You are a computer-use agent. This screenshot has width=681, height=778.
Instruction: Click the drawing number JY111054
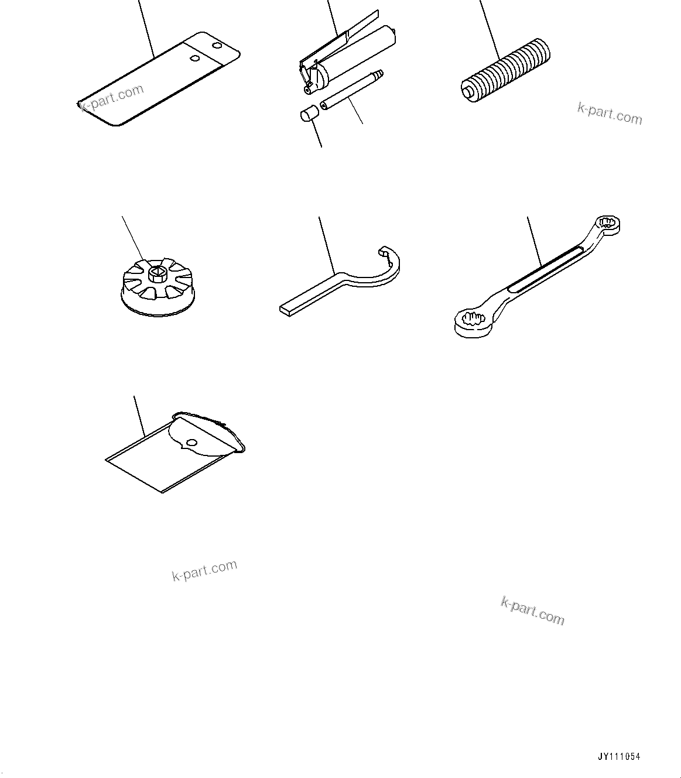(x=619, y=756)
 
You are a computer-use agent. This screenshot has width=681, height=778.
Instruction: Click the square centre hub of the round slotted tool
(x=156, y=272)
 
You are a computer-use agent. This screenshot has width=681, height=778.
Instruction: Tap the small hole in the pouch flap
(x=192, y=441)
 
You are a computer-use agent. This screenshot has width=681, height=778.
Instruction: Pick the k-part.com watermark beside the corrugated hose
(x=609, y=112)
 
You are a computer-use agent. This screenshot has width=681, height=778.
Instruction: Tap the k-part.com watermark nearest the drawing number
(x=532, y=611)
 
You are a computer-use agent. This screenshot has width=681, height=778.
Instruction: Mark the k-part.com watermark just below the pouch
(x=204, y=570)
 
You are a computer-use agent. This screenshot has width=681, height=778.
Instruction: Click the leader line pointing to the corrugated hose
(x=490, y=29)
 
